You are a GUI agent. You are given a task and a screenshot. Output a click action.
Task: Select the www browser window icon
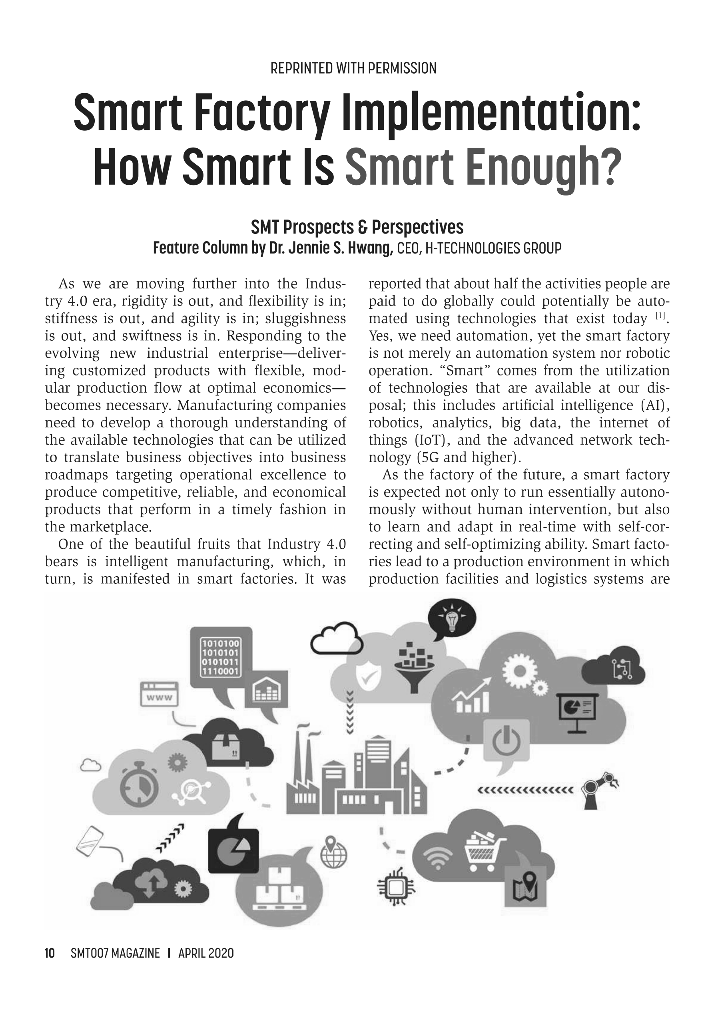click(x=159, y=694)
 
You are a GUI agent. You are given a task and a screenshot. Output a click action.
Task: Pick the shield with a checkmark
click(x=368, y=677)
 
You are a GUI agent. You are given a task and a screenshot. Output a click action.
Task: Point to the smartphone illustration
click(x=89, y=842)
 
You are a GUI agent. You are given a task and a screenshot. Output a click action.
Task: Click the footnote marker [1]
click(x=660, y=315)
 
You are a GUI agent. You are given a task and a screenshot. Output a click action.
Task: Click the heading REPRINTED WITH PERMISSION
click(x=353, y=69)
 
